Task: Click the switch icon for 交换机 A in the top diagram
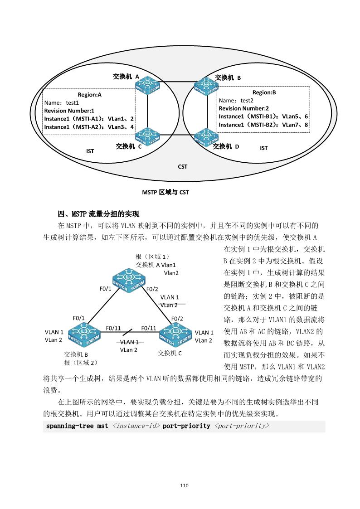pyautogui.click(x=147, y=85)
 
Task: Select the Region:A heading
pyautogui.click(x=90, y=95)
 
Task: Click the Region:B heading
pyautogui.click(x=264, y=92)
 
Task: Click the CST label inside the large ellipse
pyautogui.click(x=182, y=167)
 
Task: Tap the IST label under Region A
pyautogui.click(x=90, y=151)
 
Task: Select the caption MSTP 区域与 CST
pyautogui.click(x=165, y=192)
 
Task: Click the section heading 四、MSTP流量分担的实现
pyautogui.click(x=98, y=214)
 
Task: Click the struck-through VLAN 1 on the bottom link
pyautogui.click(x=130, y=342)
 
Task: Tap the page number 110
pyautogui.click(x=184, y=485)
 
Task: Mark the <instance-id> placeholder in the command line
pyautogui.click(x=136, y=426)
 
